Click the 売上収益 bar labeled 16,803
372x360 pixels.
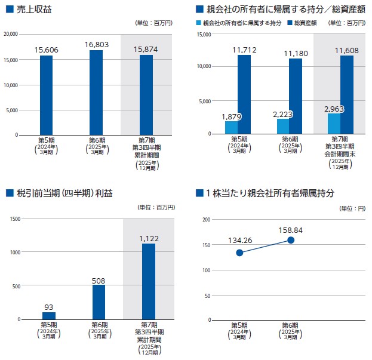tap(96, 93)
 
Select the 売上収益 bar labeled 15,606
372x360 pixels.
tap(46, 96)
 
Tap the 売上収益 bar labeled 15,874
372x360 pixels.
tap(146, 95)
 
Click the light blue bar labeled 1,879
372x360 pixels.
tap(231, 127)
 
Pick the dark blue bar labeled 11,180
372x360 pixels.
tap(296, 96)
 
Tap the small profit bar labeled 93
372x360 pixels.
tap(48, 316)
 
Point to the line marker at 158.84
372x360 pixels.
tap(291, 240)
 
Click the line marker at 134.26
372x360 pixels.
tap(239, 253)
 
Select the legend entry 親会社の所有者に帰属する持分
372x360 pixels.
tap(238, 23)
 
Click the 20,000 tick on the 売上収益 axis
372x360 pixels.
tap(10, 34)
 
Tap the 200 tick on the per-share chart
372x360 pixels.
tap(206, 220)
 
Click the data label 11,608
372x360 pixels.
tap(347, 50)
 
